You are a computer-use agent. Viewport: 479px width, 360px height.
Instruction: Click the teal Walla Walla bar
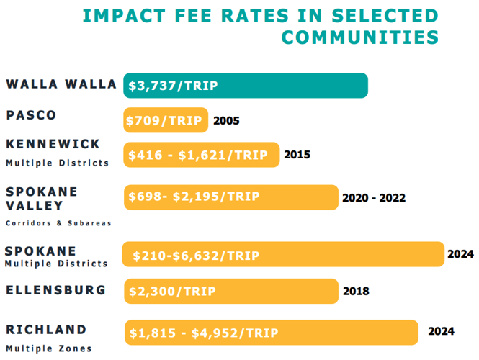pyautogui.click(x=245, y=85)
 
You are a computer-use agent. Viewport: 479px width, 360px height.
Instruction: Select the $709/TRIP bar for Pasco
pyautogui.click(x=166, y=120)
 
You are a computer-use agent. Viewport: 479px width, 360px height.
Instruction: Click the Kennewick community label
pyautogui.click(x=53, y=144)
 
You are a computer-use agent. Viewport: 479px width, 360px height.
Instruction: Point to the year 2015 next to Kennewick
pyautogui.click(x=297, y=154)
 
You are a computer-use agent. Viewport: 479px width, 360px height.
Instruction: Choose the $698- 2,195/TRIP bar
pyautogui.click(x=230, y=197)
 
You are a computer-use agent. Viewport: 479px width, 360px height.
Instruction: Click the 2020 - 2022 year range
pyautogui.click(x=374, y=197)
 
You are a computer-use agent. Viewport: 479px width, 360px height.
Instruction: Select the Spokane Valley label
pyautogui.click(x=42, y=198)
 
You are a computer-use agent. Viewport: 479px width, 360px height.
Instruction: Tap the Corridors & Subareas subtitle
pyautogui.click(x=58, y=223)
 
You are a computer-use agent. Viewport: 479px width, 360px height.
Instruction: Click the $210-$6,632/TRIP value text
pyautogui.click(x=194, y=255)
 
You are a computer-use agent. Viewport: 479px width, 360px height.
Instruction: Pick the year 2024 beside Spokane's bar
pyautogui.click(x=460, y=253)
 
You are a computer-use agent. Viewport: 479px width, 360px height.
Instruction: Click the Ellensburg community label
pyautogui.click(x=56, y=290)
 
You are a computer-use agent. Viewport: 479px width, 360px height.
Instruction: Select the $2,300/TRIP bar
pyautogui.click(x=230, y=292)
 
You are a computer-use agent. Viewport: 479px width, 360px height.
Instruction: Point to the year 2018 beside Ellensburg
pyautogui.click(x=357, y=292)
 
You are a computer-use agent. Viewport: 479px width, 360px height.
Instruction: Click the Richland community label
pyautogui.click(x=46, y=330)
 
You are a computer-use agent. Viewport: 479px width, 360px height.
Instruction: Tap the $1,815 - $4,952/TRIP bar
pyautogui.click(x=271, y=333)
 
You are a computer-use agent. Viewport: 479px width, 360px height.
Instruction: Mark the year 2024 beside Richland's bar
pyautogui.click(x=441, y=331)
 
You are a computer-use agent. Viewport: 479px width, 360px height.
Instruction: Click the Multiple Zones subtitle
pyautogui.click(x=49, y=348)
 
